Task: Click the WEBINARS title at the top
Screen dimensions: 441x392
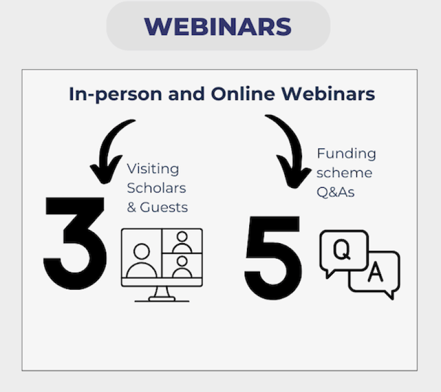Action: (218, 26)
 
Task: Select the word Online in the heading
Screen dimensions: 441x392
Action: (243, 94)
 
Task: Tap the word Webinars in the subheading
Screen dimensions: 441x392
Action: (328, 94)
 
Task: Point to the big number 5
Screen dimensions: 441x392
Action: (273, 258)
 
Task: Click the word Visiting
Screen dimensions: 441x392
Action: (153, 169)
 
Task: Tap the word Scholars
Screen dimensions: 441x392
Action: (156, 188)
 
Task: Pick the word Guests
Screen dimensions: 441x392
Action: (164, 207)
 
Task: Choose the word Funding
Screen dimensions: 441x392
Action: (346, 155)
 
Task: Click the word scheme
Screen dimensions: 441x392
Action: (345, 172)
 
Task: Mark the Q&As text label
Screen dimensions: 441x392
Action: (335, 193)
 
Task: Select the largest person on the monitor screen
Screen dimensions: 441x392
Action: (141, 260)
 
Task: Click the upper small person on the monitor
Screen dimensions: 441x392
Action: (182, 241)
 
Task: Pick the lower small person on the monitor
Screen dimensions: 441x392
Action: (182, 266)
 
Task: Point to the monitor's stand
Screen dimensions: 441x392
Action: (162, 294)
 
